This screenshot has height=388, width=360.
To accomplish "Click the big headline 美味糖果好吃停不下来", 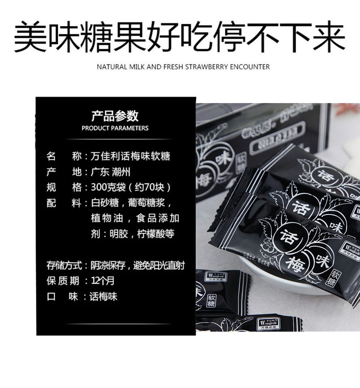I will pos(180,37).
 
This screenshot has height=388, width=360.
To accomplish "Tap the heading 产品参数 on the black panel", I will pos(115,116).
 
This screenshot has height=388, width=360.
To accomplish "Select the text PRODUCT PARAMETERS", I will pos(115,128).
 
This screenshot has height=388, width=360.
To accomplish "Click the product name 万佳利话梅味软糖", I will pos(130,156).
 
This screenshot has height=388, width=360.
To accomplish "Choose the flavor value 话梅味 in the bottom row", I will pos(103,296).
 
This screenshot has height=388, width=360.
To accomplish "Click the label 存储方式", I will pos(64,266).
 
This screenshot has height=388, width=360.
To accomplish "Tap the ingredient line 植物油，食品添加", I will pos(135,218).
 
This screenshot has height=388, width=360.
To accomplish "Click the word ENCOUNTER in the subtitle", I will pos(250,67).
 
